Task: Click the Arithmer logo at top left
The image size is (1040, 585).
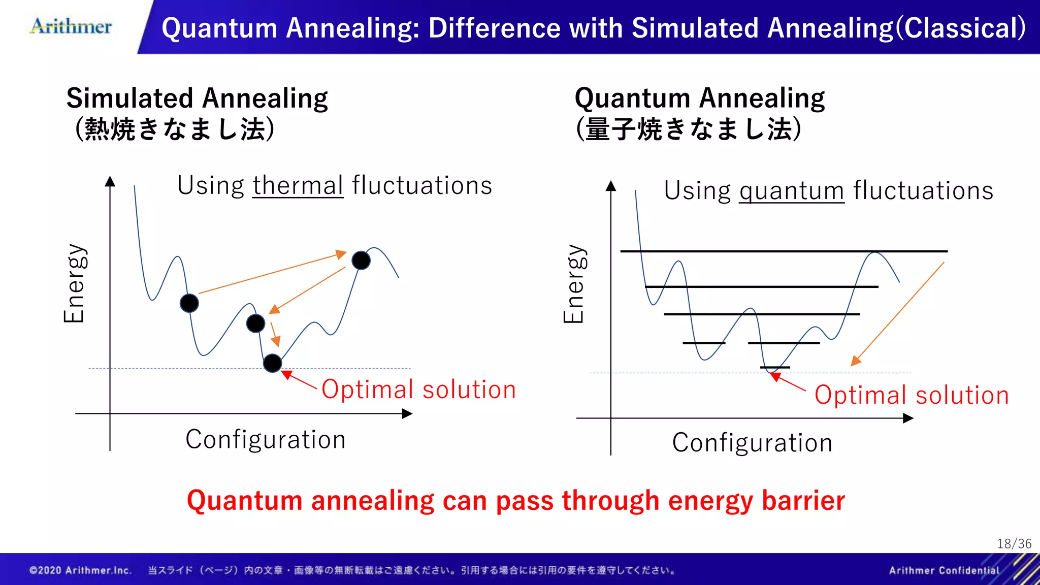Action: (x=71, y=26)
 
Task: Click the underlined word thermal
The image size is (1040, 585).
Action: (x=298, y=185)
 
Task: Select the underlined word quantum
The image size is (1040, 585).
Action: (x=791, y=191)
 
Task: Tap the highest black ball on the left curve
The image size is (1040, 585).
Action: (x=361, y=261)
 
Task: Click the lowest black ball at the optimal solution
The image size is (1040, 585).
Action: (x=273, y=363)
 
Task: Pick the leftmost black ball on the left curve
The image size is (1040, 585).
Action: (x=189, y=303)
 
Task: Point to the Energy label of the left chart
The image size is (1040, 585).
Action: (x=75, y=283)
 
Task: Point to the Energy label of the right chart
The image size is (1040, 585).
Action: (x=575, y=284)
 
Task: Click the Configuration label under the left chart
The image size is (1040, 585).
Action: (x=266, y=439)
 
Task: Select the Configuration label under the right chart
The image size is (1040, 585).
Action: (x=752, y=443)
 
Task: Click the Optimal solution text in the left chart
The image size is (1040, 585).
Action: (x=418, y=390)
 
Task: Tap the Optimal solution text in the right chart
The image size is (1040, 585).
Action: (x=911, y=395)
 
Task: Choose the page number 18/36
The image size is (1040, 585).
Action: (x=1014, y=544)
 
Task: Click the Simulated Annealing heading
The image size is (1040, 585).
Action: (x=197, y=99)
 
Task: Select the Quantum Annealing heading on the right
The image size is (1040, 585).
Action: (x=699, y=99)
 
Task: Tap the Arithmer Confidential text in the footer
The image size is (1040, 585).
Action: (x=944, y=570)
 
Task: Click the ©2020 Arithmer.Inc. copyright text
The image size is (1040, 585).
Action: (x=80, y=570)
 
